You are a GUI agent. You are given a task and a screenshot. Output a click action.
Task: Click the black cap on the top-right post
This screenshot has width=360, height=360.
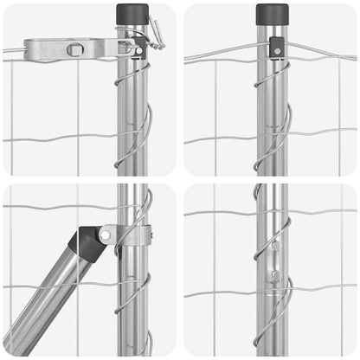pos(272,14)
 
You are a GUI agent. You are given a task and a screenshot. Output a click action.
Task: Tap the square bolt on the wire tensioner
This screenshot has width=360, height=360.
pos(76,49)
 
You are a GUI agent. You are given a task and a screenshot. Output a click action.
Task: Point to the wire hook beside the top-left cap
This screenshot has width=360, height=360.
pos(155,33)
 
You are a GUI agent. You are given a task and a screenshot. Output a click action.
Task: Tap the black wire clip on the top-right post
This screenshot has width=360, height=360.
pos(276,47)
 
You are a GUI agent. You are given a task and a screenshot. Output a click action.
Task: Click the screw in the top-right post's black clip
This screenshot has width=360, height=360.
pos(276,51)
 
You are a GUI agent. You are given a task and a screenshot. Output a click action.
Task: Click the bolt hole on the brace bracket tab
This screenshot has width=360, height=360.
pos(106,235)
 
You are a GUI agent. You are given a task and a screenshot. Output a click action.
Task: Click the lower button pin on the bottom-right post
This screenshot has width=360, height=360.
pos(274,276)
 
